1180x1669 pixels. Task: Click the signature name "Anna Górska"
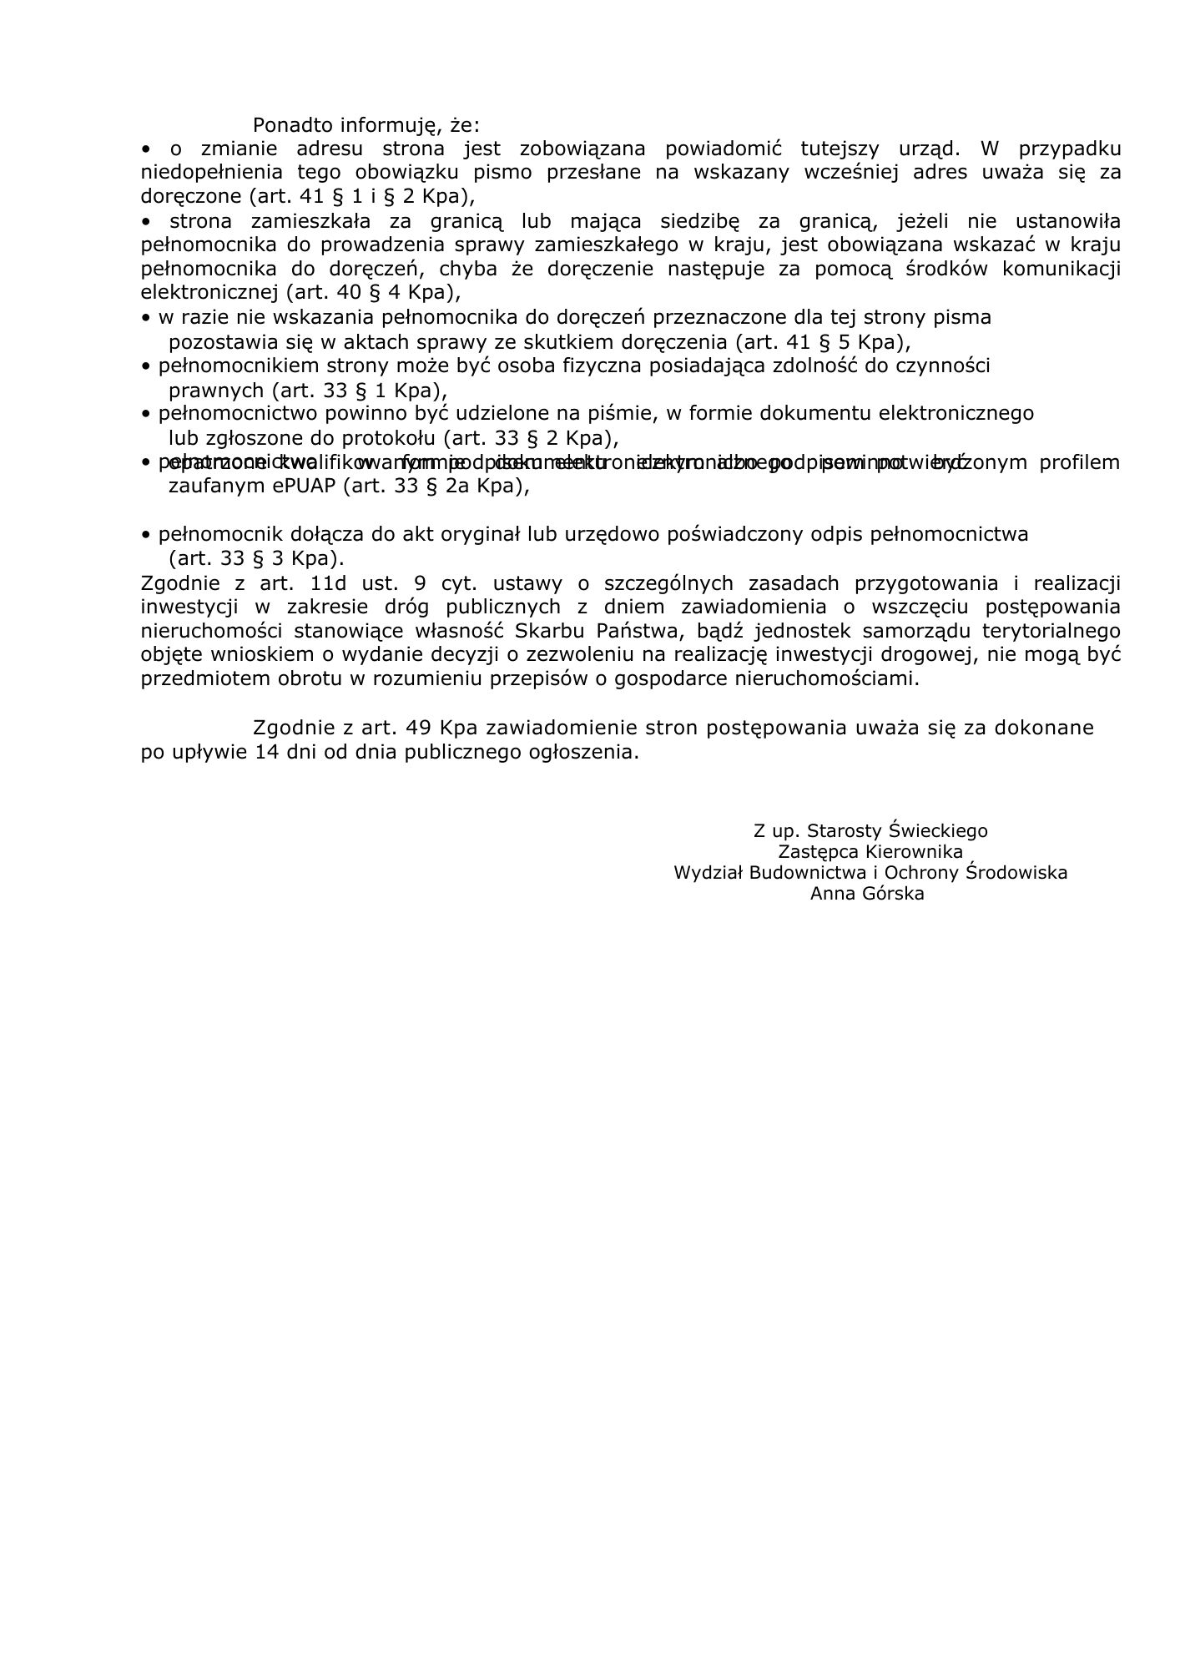coord(867,894)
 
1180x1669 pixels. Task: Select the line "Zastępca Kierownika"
coord(870,852)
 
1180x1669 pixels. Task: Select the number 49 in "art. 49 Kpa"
coord(417,728)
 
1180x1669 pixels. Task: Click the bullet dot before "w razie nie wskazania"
coord(146,318)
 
